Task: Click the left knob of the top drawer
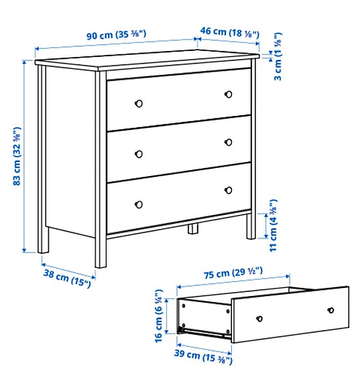(x=139, y=103)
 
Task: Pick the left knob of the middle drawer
(x=139, y=153)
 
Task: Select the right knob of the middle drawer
(x=228, y=141)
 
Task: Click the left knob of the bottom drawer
(x=139, y=204)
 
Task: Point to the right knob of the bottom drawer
(x=228, y=190)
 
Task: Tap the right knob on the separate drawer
(x=331, y=309)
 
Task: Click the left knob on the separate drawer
(x=259, y=318)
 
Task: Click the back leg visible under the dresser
(x=194, y=228)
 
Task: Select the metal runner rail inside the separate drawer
(x=204, y=331)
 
